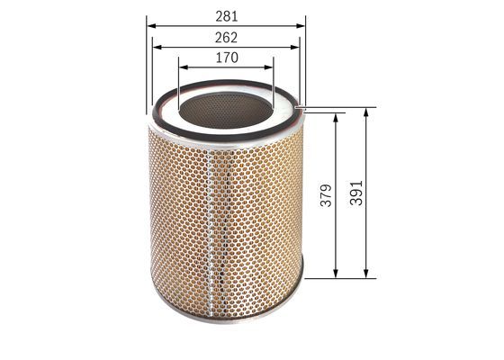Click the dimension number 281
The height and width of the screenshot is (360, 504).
pyautogui.click(x=227, y=16)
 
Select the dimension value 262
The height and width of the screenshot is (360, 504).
pyautogui.click(x=226, y=38)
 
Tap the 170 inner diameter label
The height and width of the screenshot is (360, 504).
pyautogui.click(x=227, y=58)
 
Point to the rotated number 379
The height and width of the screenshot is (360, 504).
pyautogui.click(x=326, y=195)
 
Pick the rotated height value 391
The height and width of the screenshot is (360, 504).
pyautogui.click(x=356, y=193)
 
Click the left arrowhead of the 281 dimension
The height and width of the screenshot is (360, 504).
pyautogui.click(x=151, y=26)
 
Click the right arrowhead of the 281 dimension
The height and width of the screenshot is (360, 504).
pyautogui.click(x=301, y=26)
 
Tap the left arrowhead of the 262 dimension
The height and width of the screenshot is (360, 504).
pyautogui.click(x=157, y=47)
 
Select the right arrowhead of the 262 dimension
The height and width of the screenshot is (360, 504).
pyautogui.click(x=295, y=47)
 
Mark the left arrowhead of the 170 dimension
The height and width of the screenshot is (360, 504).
pyautogui.click(x=184, y=67)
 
